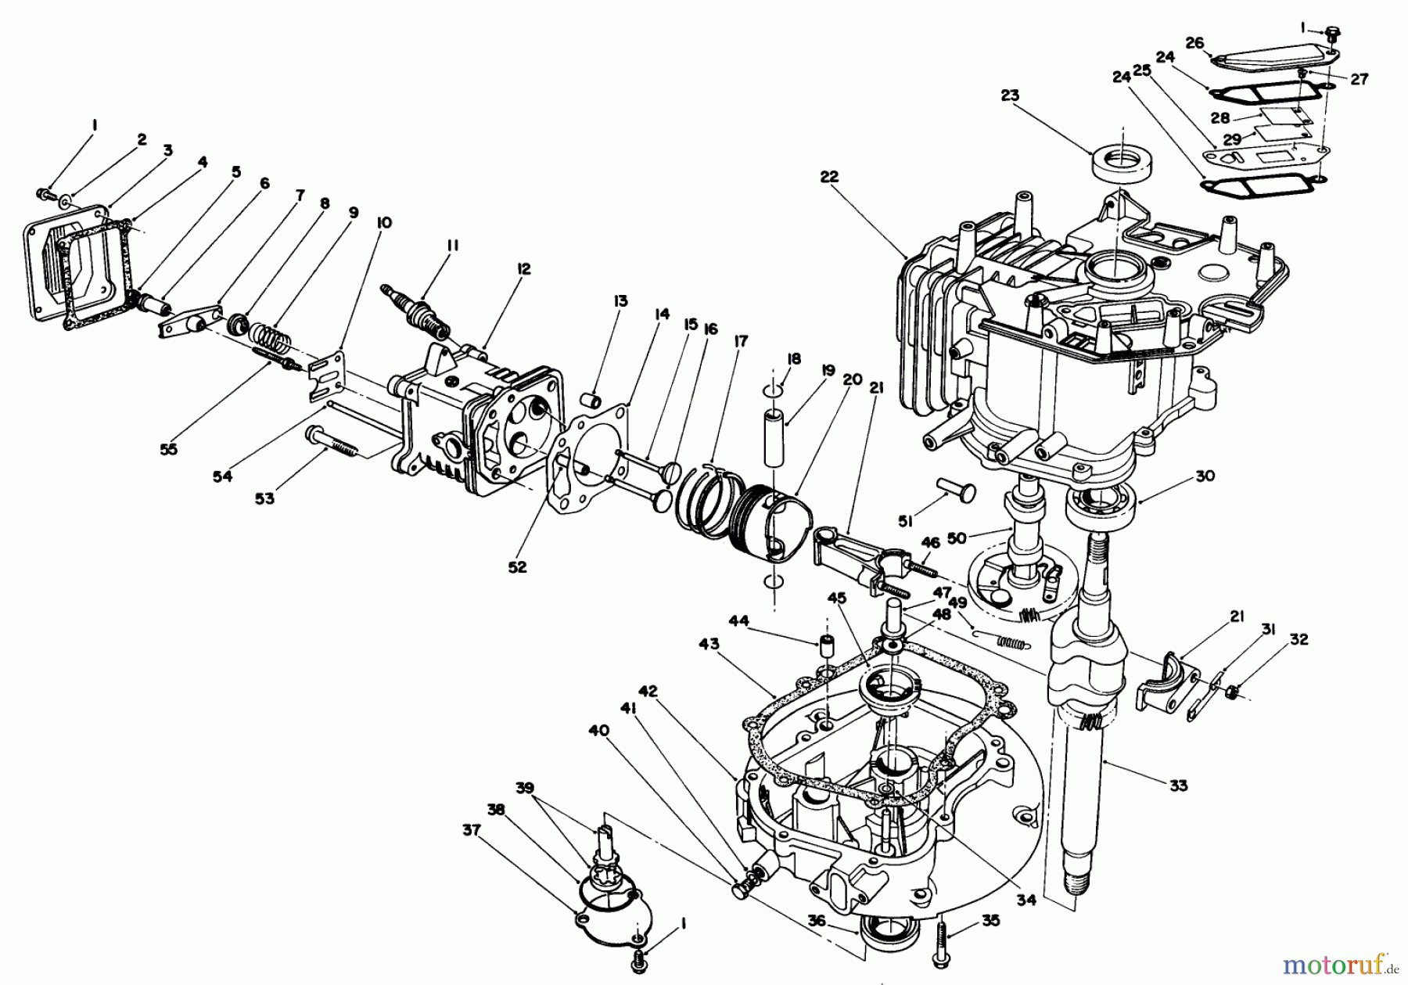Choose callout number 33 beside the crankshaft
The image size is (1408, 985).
tap(1178, 785)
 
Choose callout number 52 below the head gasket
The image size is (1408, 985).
tap(517, 567)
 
